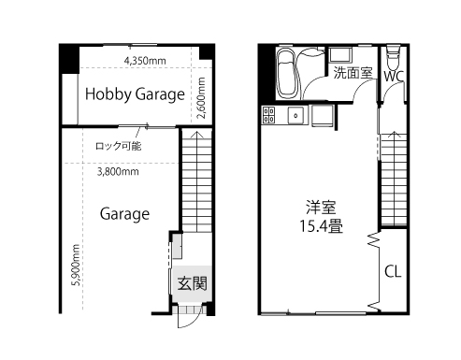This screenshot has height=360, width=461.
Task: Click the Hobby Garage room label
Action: [x=135, y=94]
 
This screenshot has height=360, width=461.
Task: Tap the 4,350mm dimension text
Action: [x=145, y=61]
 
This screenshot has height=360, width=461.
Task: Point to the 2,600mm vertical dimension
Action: [x=202, y=98]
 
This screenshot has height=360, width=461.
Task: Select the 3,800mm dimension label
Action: [x=118, y=172]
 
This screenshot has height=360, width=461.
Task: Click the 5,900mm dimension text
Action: [x=76, y=265]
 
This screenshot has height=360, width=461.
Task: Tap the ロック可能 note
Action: [x=119, y=146]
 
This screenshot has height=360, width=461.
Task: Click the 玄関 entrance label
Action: [x=193, y=283]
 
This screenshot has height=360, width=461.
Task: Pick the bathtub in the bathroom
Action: [x=285, y=74]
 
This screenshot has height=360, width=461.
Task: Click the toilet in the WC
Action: [x=393, y=59]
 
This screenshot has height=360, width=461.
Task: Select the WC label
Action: [x=394, y=77]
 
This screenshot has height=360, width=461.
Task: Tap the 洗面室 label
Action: [x=353, y=73]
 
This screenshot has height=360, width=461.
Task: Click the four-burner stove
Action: [x=268, y=115]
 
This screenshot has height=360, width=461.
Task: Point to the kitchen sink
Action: [x=295, y=115]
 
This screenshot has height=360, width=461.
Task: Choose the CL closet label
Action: [x=393, y=271]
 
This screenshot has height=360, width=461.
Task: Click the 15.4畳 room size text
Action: [x=321, y=225]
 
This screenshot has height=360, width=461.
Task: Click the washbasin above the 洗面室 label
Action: [x=340, y=55]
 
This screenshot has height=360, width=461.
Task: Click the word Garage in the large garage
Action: [x=124, y=214]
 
